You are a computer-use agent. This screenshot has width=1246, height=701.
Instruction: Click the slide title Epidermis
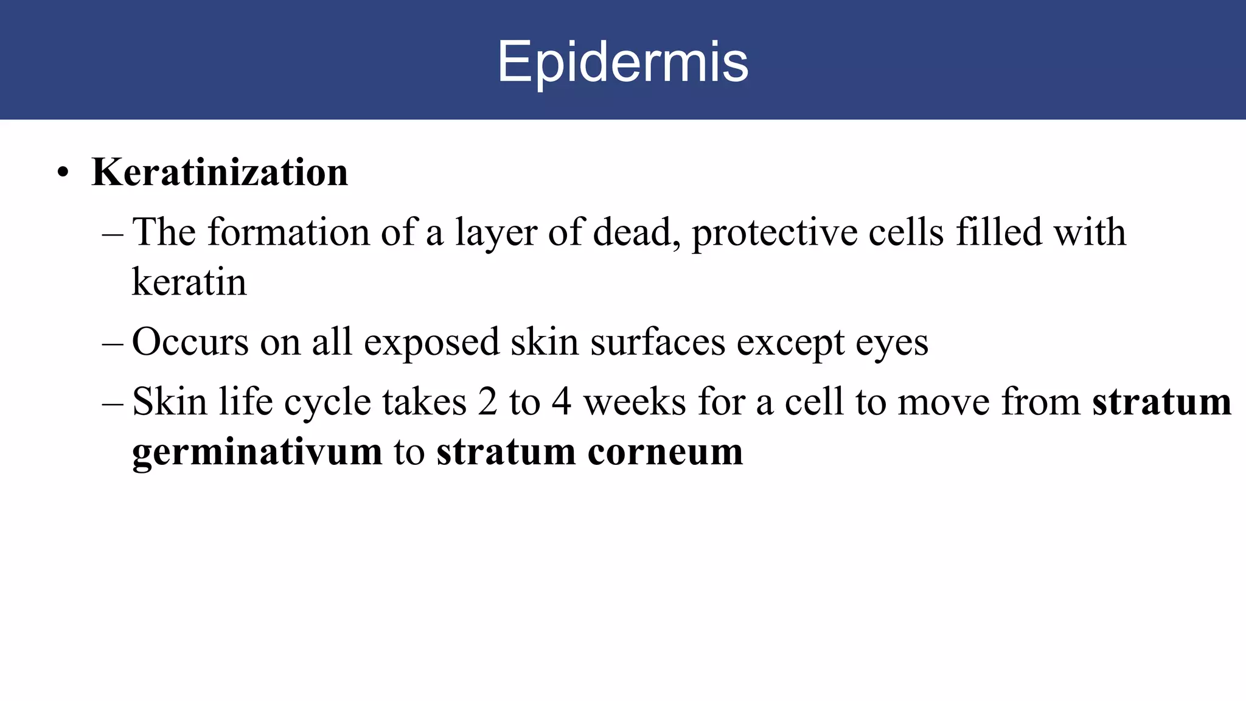[622, 62]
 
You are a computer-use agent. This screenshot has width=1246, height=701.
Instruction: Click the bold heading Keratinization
[220, 172]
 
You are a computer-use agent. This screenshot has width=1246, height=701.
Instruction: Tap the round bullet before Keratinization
[63, 173]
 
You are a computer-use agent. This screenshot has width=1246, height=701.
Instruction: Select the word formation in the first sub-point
[288, 232]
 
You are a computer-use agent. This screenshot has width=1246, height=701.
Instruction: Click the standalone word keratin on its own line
[189, 282]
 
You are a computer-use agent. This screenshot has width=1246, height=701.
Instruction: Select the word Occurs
[190, 342]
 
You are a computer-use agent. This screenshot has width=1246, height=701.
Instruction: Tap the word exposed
[431, 343]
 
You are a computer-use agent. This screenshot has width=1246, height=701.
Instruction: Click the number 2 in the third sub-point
[487, 402]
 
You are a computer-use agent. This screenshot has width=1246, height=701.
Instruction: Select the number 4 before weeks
[562, 402]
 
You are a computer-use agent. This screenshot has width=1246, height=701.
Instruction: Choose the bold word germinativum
[257, 453]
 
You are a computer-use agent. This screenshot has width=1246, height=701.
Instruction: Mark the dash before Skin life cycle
[113, 403]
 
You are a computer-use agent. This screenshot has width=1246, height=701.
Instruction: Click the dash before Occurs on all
[113, 343]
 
